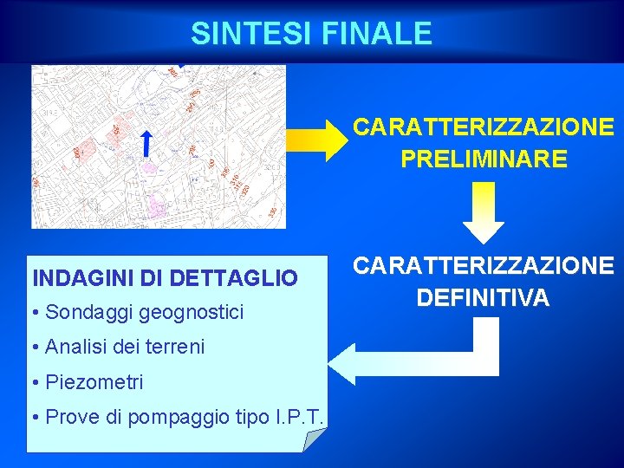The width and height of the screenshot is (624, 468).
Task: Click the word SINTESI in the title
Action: (x=252, y=34)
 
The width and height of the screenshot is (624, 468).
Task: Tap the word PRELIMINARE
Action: (x=484, y=159)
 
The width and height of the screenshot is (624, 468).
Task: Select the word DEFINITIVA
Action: (x=483, y=298)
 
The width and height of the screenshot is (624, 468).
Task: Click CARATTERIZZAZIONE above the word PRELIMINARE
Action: (x=484, y=127)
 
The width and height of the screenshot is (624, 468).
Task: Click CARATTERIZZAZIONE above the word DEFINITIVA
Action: (x=483, y=266)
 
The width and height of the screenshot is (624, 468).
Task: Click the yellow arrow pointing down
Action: (x=483, y=216)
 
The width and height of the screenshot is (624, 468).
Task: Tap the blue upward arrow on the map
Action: (x=147, y=144)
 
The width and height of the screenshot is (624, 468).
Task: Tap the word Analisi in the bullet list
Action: (x=75, y=348)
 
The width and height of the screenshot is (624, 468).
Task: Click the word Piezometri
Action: (x=94, y=382)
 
